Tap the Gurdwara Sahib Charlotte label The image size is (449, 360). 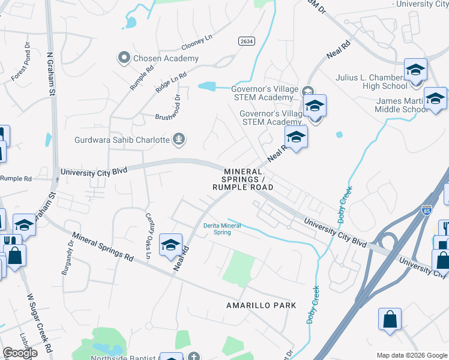[122, 140]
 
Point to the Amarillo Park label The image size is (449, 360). [261, 305]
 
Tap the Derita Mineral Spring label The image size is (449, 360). [222, 229]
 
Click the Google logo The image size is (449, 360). [20, 352]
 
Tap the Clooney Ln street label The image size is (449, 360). [197, 42]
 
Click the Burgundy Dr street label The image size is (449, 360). [66, 258]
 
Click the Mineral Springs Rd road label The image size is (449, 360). [103, 246]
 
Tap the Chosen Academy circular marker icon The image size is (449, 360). [124, 58]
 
